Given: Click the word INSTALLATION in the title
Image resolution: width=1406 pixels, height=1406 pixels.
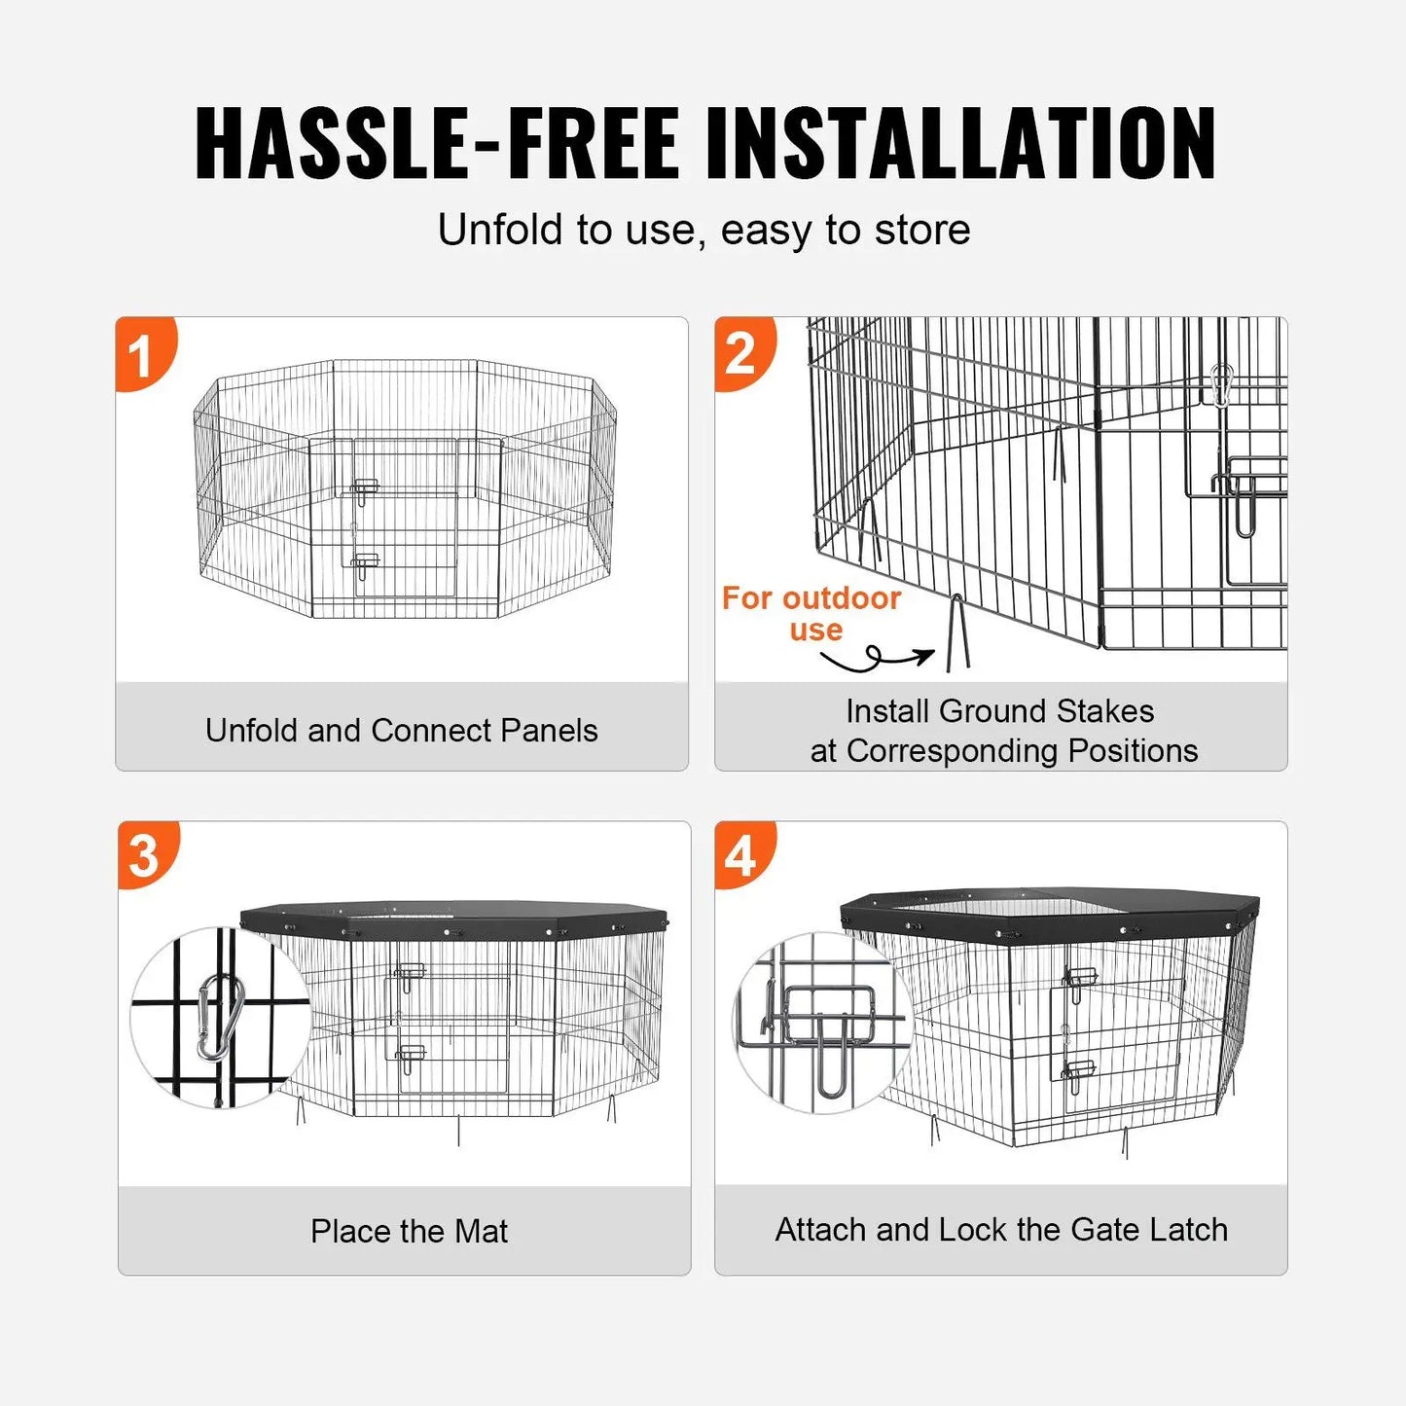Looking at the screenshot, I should [x=960, y=144].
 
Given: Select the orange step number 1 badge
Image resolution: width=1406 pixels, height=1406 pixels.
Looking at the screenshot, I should [x=142, y=354].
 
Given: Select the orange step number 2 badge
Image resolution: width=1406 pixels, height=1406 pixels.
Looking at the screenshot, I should [x=741, y=354].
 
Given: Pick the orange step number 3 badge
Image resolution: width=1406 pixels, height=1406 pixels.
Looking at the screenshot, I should [x=145, y=856].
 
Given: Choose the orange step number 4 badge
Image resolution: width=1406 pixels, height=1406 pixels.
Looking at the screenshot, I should [x=741, y=856].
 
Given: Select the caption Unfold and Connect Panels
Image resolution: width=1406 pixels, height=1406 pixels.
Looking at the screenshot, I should [x=401, y=731].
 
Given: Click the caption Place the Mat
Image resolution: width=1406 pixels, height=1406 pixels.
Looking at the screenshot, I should [x=409, y=1231].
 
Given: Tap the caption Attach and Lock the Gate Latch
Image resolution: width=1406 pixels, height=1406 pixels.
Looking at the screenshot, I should [x=1001, y=1230].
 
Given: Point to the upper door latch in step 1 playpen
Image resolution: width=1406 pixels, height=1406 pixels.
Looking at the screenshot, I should [x=365, y=488].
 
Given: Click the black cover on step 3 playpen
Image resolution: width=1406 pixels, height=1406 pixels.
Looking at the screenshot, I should [x=453, y=918].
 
